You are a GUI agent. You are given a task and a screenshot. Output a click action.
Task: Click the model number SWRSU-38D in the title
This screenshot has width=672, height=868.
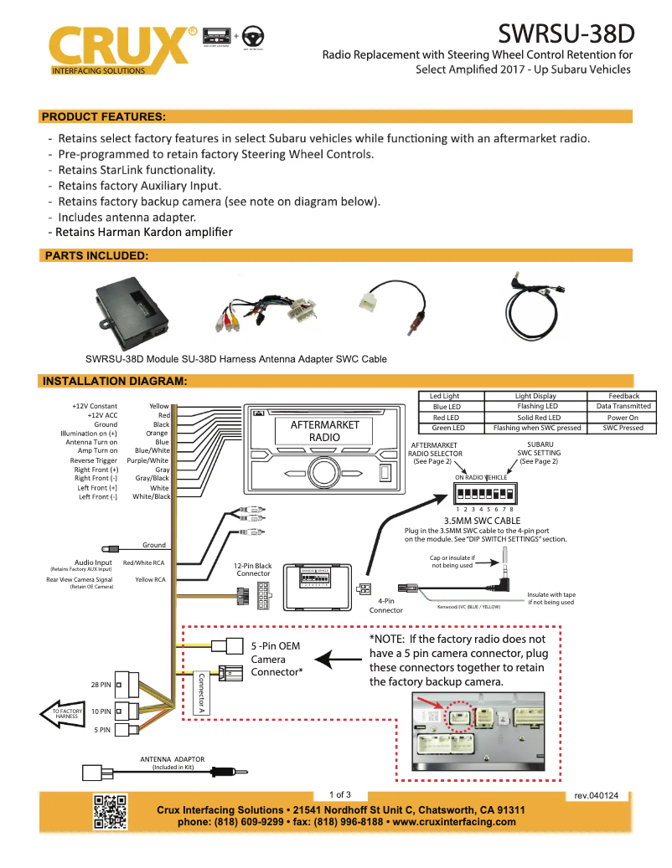point(566,33)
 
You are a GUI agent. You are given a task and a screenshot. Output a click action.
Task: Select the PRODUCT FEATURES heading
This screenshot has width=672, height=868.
point(103,116)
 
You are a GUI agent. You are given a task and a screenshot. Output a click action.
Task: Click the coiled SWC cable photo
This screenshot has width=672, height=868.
point(536,301)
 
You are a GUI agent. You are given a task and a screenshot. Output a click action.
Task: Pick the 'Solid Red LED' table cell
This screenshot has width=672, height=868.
point(536,417)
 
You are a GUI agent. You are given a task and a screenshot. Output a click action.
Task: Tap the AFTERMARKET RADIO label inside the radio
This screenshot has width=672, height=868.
point(324,431)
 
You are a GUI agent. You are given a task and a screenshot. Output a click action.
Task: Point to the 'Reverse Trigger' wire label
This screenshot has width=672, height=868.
point(94,460)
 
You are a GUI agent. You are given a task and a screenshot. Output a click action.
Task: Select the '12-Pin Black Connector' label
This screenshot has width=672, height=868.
point(253,570)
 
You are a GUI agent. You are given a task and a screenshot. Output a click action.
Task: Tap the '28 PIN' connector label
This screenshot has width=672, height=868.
point(101,685)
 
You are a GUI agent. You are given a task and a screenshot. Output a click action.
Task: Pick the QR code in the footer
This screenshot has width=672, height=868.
point(111,811)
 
